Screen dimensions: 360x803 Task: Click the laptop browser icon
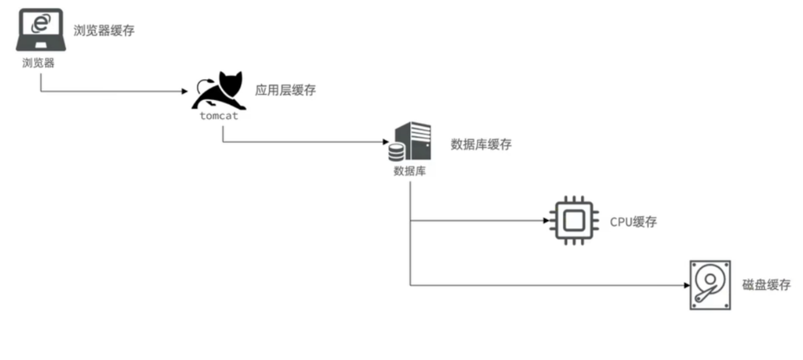coord(41,30)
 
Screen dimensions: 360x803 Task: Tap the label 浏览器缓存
coord(104,30)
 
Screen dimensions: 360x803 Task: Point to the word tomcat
coord(219,116)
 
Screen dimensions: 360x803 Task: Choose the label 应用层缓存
coord(285,90)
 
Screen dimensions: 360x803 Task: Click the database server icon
coord(410,142)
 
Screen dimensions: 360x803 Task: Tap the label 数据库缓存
coord(480,145)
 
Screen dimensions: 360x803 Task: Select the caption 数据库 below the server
coord(410,171)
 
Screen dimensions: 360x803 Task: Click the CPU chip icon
coord(573,221)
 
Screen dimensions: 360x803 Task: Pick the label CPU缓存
coord(634,222)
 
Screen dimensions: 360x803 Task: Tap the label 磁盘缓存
coord(767,285)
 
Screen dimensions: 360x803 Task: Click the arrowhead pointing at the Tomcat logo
coord(185,91)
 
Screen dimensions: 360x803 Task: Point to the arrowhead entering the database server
coord(385,142)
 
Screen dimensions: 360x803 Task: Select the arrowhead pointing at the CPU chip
coord(546,221)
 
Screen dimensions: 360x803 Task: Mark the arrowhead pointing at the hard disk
coord(687,286)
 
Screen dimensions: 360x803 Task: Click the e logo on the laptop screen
coord(41,23)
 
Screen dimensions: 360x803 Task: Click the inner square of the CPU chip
coord(573,221)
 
